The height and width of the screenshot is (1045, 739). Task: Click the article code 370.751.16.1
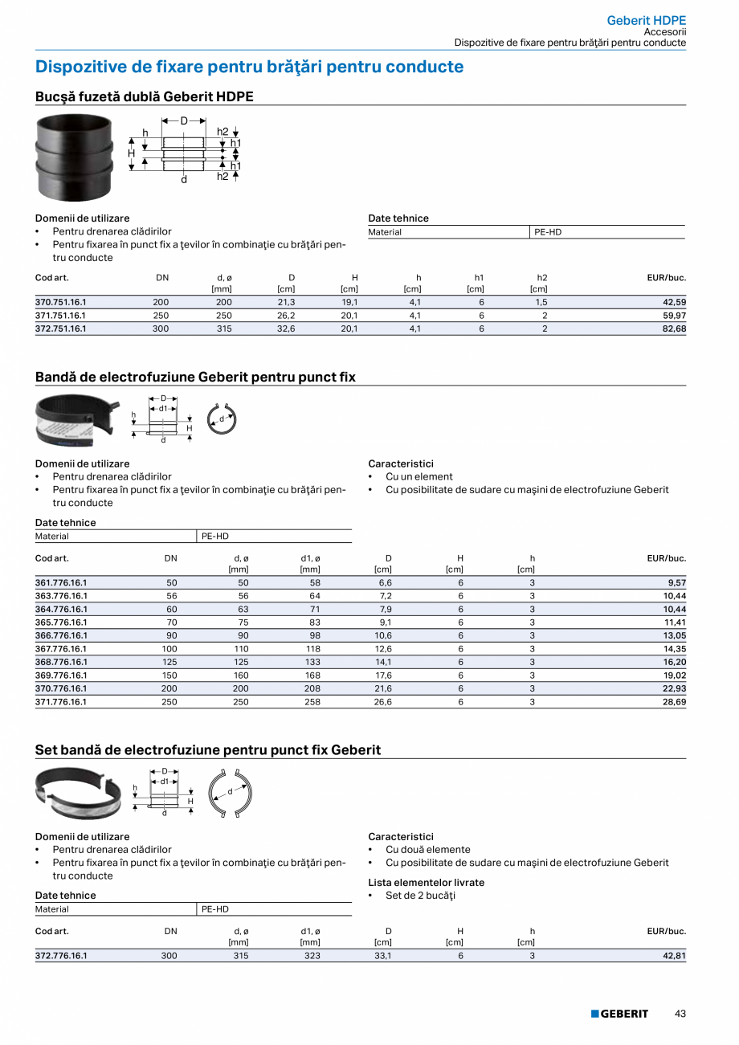coord(61,302)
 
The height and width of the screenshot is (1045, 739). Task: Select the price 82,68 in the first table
coord(674,329)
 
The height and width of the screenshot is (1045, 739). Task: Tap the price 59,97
coord(674,316)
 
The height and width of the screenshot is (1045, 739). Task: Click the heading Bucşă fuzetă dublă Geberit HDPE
coord(145,96)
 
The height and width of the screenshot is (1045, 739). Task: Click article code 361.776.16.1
coord(61,582)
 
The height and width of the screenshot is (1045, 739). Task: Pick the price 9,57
coord(676,582)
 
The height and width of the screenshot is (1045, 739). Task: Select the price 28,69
coord(674,701)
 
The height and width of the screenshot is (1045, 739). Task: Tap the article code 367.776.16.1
coord(61,648)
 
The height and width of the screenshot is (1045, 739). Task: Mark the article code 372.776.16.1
coord(61,956)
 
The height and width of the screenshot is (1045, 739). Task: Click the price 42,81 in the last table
coord(674,956)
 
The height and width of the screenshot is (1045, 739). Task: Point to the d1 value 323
coord(312,956)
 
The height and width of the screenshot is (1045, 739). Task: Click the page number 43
coord(680,1014)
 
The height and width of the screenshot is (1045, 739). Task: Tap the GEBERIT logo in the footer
coord(619,1014)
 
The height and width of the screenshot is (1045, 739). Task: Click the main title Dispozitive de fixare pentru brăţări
coord(249,67)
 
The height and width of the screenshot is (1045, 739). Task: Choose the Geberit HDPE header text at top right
coord(646,20)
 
